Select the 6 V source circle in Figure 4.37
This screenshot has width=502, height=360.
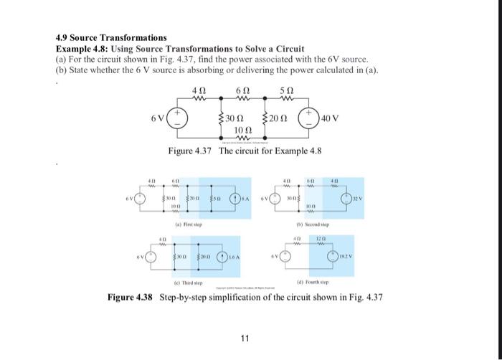(179, 118)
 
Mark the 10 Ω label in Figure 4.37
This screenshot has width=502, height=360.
(242, 129)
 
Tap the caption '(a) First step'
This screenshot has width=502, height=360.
(191, 224)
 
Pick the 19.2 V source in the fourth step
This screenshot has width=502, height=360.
(332, 257)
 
